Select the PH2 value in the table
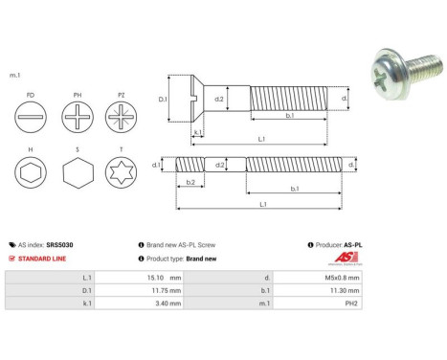349,304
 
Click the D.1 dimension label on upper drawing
162,99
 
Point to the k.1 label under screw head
197,133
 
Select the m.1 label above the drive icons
15,75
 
